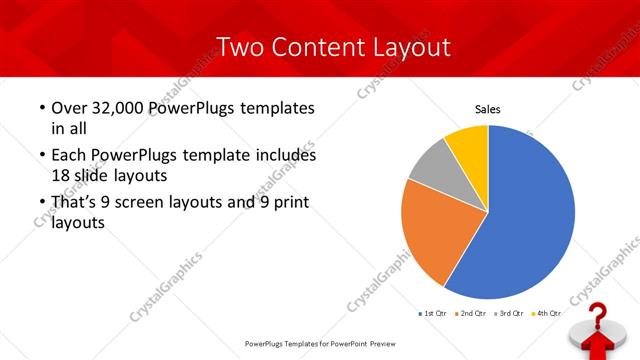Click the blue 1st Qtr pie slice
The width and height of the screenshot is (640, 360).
tap(530, 215)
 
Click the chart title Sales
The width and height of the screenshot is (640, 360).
tap(487, 110)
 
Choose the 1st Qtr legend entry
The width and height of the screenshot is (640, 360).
tap(434, 313)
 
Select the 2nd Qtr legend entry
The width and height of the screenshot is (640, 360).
tap(472, 313)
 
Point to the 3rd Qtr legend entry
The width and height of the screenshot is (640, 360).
tap(510, 313)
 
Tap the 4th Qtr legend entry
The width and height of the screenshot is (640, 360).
tap(547, 313)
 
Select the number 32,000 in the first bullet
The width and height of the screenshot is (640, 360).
tap(114, 107)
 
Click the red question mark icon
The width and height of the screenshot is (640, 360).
tap(597, 325)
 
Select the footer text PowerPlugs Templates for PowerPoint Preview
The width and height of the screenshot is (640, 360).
tap(319, 343)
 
